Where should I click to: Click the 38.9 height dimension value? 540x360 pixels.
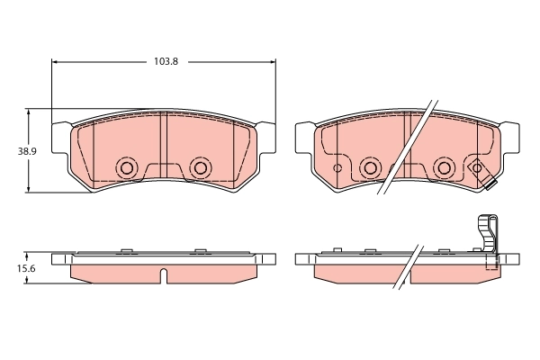28,151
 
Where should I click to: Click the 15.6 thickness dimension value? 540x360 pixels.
28,269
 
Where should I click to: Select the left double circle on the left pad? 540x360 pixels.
127,167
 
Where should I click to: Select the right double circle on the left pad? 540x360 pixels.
200,167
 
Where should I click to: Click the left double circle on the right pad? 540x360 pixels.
369,167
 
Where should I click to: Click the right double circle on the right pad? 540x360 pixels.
443,167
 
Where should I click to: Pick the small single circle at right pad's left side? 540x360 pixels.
338,167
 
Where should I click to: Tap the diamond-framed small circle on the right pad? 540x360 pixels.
476,167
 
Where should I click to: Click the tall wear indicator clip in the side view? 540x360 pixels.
488,241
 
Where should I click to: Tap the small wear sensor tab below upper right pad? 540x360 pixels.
490,187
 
